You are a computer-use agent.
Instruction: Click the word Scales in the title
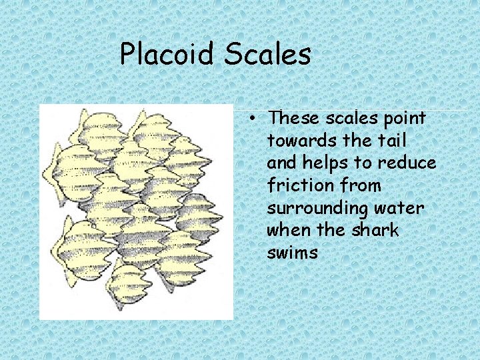(267, 54)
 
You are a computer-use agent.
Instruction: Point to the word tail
(395, 141)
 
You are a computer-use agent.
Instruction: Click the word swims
(292, 253)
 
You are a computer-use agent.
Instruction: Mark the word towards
(299, 141)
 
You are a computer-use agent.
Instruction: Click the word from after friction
(359, 185)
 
